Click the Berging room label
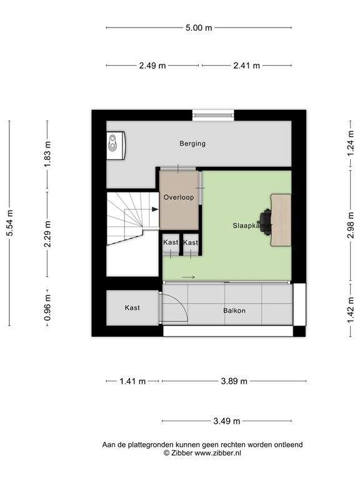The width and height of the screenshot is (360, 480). (x=192, y=144)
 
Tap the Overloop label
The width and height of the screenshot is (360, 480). (x=178, y=197)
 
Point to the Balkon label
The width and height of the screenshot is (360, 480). (x=234, y=311)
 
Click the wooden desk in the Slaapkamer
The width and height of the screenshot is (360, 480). (x=281, y=219)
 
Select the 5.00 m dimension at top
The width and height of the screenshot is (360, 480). (x=199, y=27)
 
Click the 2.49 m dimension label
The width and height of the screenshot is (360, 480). (x=152, y=65)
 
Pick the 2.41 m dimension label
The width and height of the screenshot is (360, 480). (x=246, y=65)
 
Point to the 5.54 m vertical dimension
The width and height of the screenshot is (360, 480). (x=9, y=222)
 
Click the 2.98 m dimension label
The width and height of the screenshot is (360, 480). (x=351, y=222)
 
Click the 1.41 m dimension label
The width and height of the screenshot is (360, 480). (x=132, y=381)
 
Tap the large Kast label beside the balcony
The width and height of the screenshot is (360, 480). (x=132, y=308)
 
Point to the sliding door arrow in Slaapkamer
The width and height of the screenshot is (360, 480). (x=189, y=277)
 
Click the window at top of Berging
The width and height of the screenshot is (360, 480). (x=213, y=114)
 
